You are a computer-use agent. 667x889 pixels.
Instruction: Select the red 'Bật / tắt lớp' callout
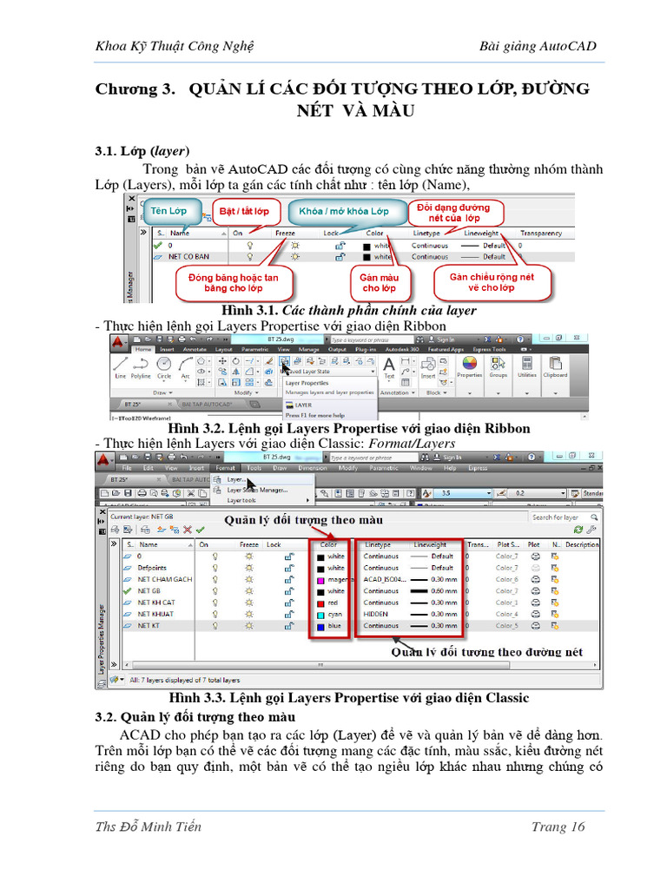pyautogui.click(x=243, y=211)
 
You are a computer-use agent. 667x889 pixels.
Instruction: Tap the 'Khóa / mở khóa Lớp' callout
pyautogui.click(x=344, y=211)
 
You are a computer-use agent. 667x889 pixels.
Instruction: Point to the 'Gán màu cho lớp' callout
pyautogui.click(x=379, y=282)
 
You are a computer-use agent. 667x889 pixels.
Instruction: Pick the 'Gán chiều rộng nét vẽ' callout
pyautogui.click(x=492, y=282)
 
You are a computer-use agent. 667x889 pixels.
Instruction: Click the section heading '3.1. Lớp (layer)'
pyautogui.click(x=142, y=151)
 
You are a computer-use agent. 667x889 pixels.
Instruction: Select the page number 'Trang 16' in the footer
pyautogui.click(x=558, y=826)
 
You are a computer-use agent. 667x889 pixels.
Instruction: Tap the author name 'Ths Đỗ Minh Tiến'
pyautogui.click(x=149, y=826)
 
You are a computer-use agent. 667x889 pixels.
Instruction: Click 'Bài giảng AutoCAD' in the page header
pyautogui.click(x=538, y=46)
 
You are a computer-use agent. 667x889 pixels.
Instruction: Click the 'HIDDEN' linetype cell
pyautogui.click(x=377, y=614)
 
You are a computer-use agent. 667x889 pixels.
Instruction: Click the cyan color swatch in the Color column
pyautogui.click(x=320, y=614)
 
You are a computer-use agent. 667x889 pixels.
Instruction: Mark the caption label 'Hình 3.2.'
pyautogui.click(x=196, y=429)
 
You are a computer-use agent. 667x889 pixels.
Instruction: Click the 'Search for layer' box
pyautogui.click(x=556, y=517)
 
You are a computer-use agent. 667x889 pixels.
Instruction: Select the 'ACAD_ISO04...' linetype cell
pyautogui.click(x=383, y=579)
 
